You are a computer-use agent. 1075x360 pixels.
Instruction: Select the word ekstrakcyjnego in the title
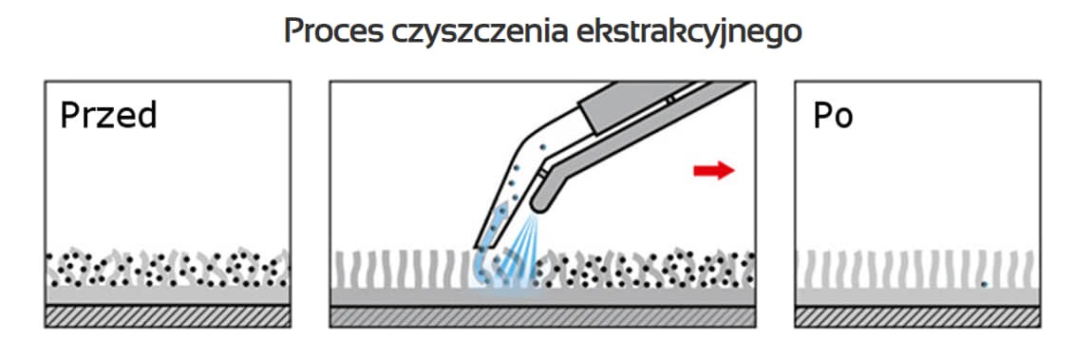(x=689, y=31)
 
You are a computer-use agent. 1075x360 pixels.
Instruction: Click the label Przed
(x=107, y=116)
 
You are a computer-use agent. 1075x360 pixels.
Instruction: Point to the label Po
(x=833, y=116)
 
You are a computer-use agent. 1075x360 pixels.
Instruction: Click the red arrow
(x=713, y=170)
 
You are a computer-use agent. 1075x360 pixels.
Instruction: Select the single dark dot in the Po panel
(x=984, y=283)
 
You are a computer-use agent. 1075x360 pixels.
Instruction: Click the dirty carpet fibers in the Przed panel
(x=167, y=270)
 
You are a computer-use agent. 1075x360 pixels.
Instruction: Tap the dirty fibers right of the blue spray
(x=646, y=270)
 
